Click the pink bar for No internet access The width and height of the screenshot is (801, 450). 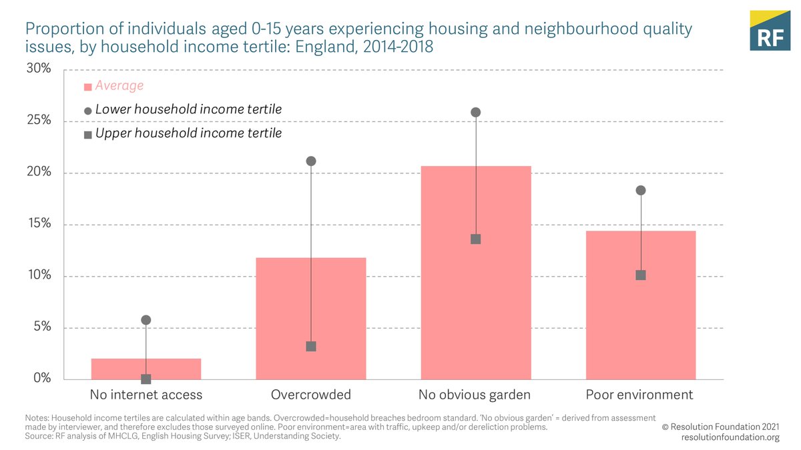(x=146, y=369)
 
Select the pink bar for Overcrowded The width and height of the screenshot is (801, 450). (x=311, y=319)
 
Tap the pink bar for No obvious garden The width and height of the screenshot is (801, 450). (x=476, y=273)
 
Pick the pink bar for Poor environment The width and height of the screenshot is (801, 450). (x=641, y=305)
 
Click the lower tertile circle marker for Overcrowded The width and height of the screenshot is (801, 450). (x=311, y=161)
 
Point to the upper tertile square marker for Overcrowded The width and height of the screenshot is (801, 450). (x=311, y=347)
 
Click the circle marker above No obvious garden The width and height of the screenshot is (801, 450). (x=476, y=112)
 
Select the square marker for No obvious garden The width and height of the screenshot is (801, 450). (x=476, y=239)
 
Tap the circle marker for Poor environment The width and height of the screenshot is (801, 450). (x=641, y=190)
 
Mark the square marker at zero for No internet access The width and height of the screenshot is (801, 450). (x=146, y=379)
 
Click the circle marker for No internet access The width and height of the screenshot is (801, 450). (x=146, y=320)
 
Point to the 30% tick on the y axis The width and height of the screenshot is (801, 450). (x=38, y=69)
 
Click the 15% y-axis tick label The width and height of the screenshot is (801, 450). (x=38, y=223)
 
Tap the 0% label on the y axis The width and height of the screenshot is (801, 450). (x=42, y=378)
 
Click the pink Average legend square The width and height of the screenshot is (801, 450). (x=87, y=87)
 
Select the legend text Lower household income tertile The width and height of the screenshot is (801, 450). (x=188, y=109)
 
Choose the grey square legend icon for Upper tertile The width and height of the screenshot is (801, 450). (x=87, y=135)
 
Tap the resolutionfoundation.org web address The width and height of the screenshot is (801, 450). (x=730, y=437)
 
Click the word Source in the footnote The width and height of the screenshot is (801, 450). (x=38, y=437)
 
